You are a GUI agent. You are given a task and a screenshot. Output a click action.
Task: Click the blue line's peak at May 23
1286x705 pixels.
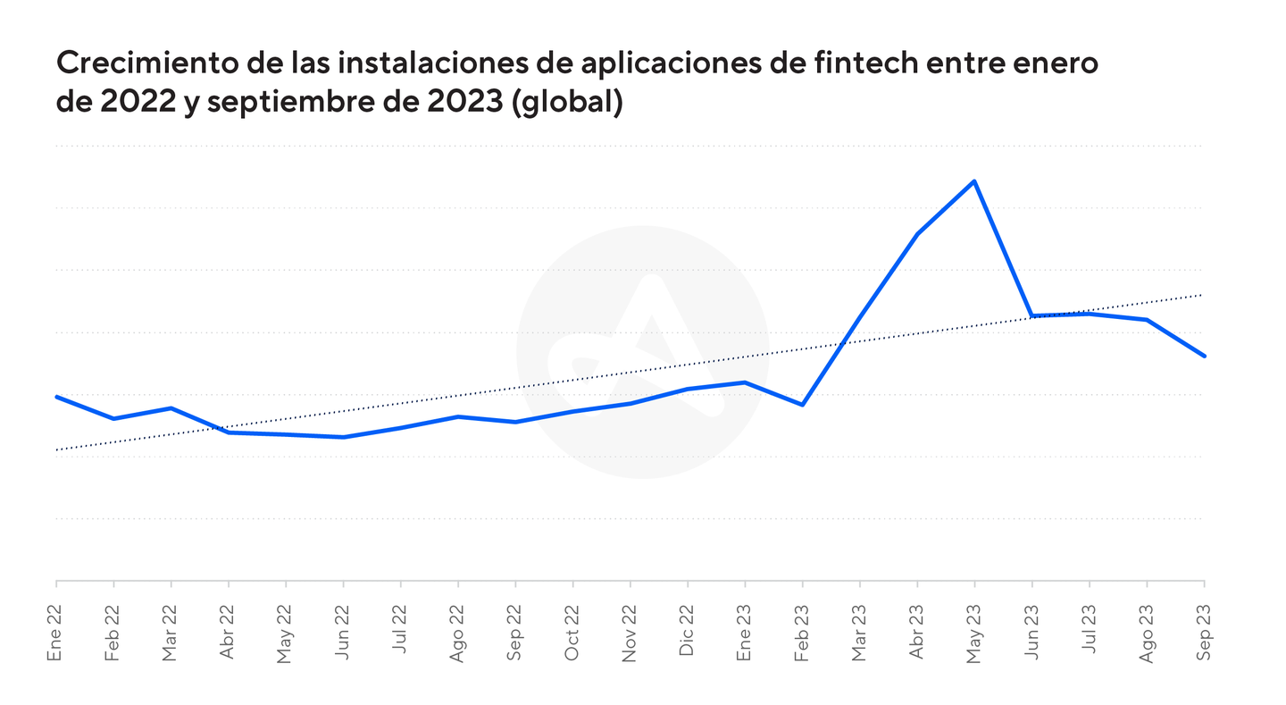coord(974,181)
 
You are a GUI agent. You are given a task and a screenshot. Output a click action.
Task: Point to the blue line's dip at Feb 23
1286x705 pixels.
coord(803,405)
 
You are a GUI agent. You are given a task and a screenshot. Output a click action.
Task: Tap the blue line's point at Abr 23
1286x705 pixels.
coord(917,234)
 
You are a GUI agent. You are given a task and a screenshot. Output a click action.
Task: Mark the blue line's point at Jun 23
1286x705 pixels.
coord(1032,315)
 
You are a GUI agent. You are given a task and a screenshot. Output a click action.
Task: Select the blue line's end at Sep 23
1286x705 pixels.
coord(1203,356)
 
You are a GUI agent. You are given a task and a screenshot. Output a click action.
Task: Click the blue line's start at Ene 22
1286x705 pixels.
coord(56,397)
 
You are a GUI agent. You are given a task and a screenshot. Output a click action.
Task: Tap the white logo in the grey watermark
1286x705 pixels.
coord(646,350)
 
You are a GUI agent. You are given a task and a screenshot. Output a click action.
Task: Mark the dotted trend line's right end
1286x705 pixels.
coord(1203,294)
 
